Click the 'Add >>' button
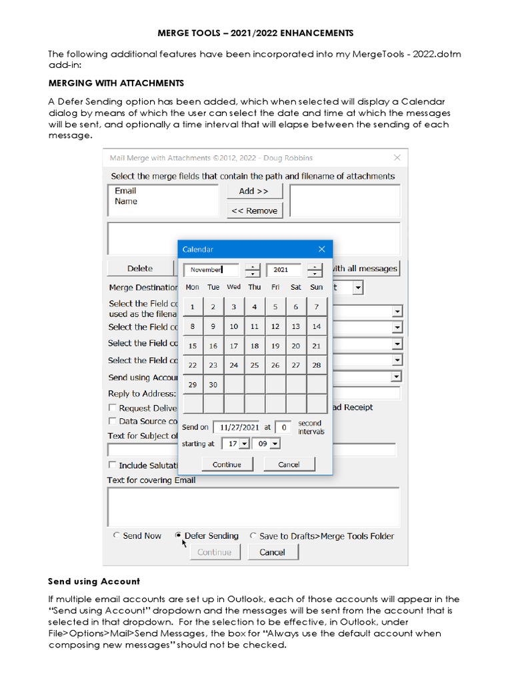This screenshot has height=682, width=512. click(x=253, y=191)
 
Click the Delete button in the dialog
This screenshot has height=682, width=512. click(x=140, y=268)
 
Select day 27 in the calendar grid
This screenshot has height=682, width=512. click(x=296, y=365)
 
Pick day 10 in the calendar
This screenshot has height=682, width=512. click(x=233, y=326)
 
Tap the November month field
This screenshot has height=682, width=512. click(x=211, y=270)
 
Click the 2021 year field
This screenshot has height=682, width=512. click(x=283, y=270)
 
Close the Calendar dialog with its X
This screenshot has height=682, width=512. click(x=321, y=249)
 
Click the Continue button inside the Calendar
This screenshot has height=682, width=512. click(x=227, y=464)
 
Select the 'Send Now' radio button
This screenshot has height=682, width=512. click(x=117, y=535)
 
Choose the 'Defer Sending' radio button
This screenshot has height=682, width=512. click(x=179, y=535)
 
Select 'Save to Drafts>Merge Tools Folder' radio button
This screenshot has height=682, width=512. click(x=253, y=535)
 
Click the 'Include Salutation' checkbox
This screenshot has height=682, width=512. click(x=113, y=466)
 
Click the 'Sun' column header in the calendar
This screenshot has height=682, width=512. click(x=317, y=287)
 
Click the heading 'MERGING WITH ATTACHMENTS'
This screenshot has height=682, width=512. click(x=116, y=83)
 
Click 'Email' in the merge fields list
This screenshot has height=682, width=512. click(x=125, y=190)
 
